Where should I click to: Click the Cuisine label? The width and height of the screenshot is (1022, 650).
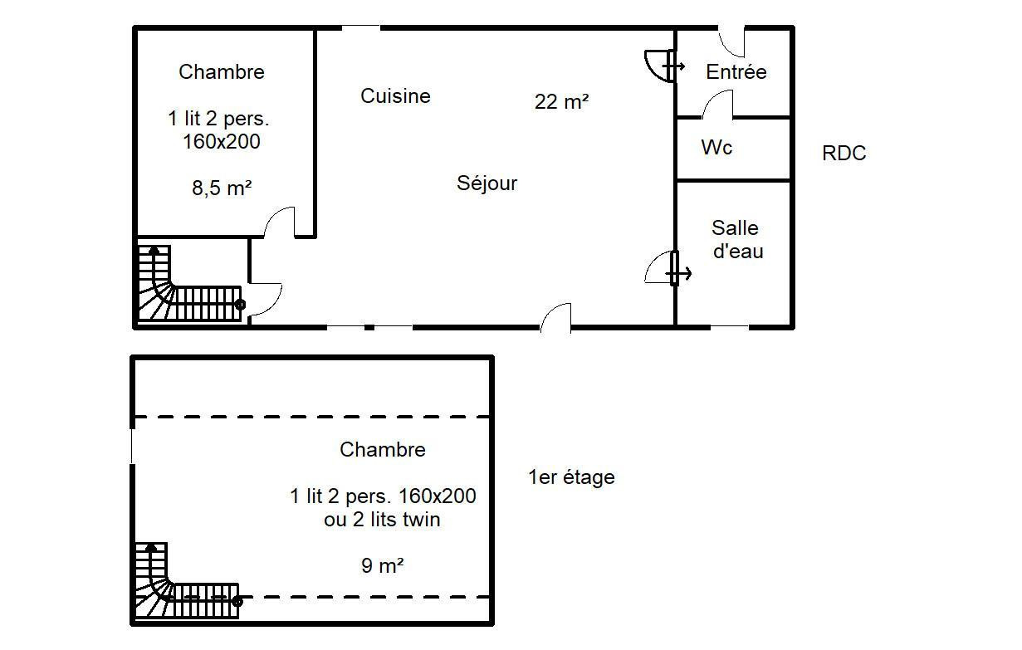[x=395, y=95]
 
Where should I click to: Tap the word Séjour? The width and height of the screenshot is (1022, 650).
[x=487, y=183]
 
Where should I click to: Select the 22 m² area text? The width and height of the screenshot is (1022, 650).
[x=561, y=101]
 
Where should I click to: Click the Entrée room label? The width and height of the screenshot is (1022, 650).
[x=736, y=71]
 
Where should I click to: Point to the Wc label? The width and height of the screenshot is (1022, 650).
[x=716, y=147]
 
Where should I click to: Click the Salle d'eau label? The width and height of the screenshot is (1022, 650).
[x=737, y=239]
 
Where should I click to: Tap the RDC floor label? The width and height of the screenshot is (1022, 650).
[x=844, y=154]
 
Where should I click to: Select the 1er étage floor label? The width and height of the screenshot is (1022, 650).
[x=571, y=477]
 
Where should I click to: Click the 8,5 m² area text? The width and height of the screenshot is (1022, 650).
[x=222, y=188]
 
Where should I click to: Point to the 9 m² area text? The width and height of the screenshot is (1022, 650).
[x=383, y=565]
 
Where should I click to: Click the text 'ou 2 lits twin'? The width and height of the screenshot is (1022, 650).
[x=382, y=520]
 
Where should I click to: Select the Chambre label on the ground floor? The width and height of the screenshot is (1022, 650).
[x=222, y=71]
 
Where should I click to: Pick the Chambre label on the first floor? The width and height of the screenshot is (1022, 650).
[x=383, y=449]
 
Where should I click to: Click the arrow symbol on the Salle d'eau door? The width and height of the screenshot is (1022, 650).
[x=678, y=274]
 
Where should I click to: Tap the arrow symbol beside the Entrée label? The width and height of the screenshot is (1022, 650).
[x=673, y=67]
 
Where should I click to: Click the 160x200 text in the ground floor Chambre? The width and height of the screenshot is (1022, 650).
[x=222, y=141]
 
